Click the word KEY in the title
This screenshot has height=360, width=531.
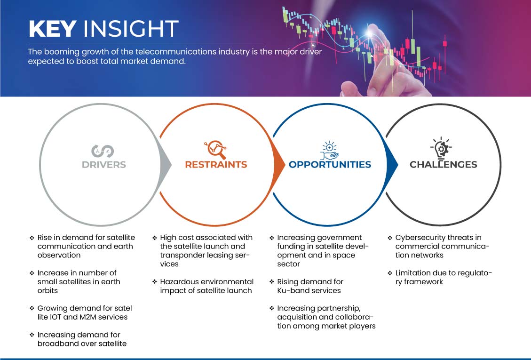click(52, 29)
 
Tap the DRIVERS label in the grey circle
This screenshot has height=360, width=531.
click(103, 165)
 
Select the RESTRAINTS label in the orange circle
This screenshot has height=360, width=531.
click(216, 165)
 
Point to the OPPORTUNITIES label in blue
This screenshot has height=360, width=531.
click(330, 165)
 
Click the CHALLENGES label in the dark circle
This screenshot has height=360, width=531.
click(443, 165)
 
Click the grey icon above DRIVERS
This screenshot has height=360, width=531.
click(103, 150)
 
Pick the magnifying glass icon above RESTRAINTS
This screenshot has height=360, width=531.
click(215, 150)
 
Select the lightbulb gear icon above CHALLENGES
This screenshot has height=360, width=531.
click(442, 148)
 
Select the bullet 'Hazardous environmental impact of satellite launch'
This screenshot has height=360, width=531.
click(206, 286)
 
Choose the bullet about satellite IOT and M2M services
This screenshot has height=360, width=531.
click(87, 312)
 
